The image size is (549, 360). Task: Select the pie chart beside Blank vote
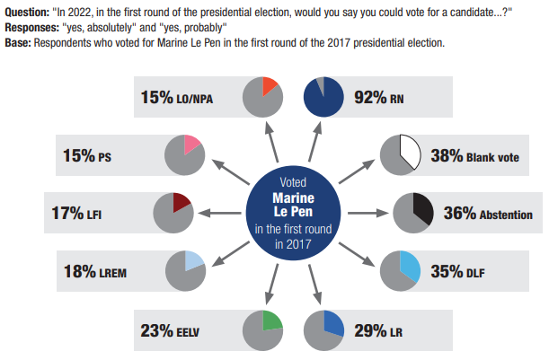[x=399, y=154]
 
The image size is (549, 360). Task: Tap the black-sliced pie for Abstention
[x=415, y=214]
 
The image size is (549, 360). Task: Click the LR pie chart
[x=324, y=329]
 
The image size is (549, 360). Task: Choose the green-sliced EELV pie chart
[x=264, y=329]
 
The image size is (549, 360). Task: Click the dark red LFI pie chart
[x=174, y=214]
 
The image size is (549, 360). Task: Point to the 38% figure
[x=447, y=154]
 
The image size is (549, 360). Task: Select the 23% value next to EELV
[x=157, y=329]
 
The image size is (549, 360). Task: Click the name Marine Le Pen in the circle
[x=293, y=203]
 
